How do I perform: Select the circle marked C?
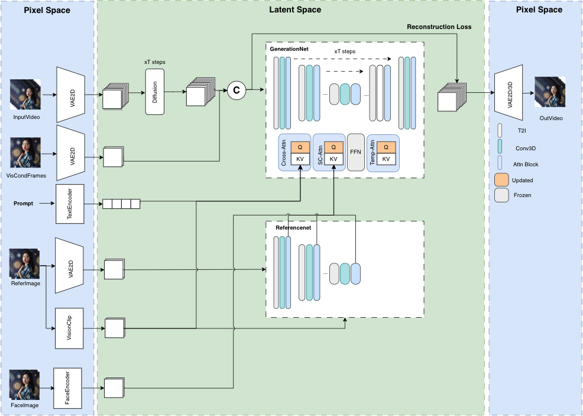[237, 90]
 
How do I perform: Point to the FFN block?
[355, 152]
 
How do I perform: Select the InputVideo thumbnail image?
[25, 95]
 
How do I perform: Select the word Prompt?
[24, 204]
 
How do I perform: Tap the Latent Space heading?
[290, 9]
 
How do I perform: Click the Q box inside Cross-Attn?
[300, 147]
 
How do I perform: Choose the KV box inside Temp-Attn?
[386, 159]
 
